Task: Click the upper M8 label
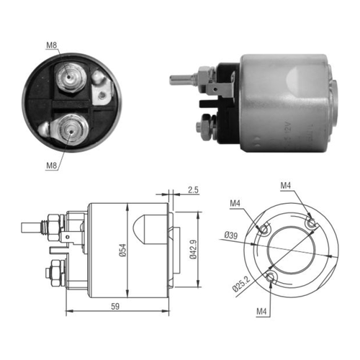(x=52, y=45)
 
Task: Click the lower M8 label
(x=52, y=166)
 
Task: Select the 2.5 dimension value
(x=193, y=190)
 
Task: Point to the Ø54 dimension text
(x=122, y=251)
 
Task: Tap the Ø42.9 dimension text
(x=194, y=250)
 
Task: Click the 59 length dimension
(x=115, y=307)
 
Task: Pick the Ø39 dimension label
(x=231, y=235)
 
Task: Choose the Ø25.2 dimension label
(x=241, y=284)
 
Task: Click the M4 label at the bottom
(x=261, y=312)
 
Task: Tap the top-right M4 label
(x=286, y=185)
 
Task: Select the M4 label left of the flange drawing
(x=235, y=204)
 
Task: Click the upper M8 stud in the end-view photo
(x=71, y=77)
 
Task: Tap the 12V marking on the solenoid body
(x=288, y=129)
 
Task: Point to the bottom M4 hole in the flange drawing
(x=271, y=277)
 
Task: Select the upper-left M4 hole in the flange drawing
(x=264, y=229)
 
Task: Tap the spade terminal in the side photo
(x=220, y=89)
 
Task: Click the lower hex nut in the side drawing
(x=56, y=273)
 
